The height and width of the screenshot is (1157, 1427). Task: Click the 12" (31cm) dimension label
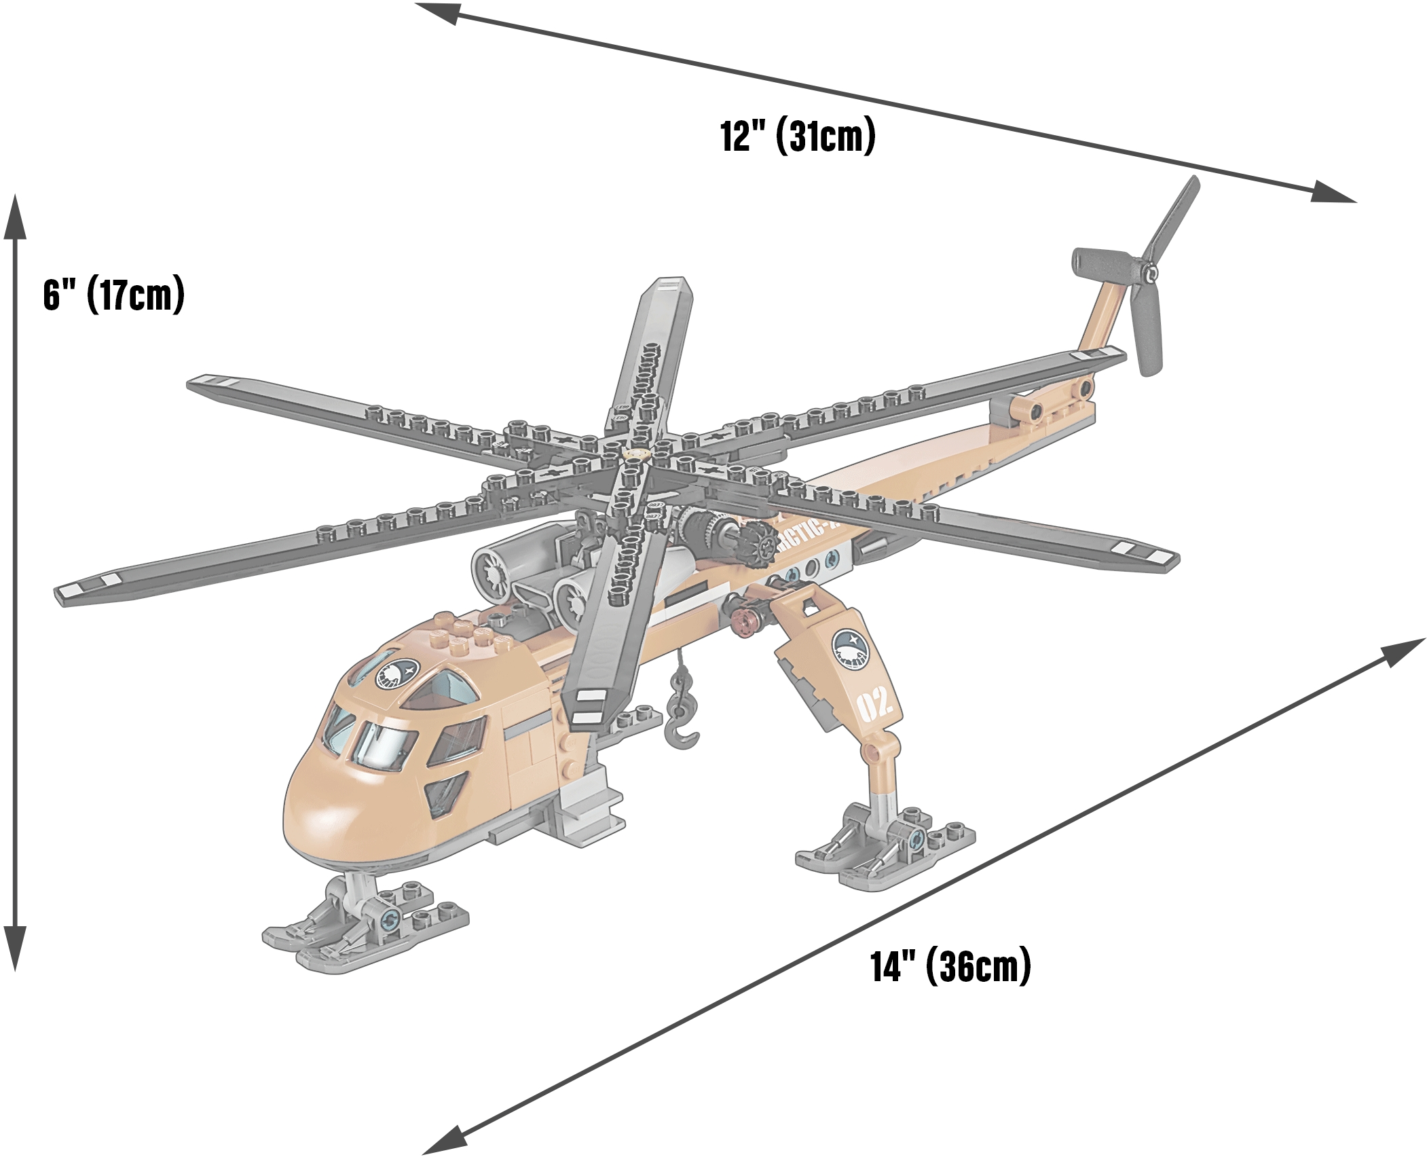[797, 136]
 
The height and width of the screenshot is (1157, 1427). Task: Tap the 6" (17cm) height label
[113, 294]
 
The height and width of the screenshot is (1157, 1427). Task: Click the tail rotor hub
[1149, 274]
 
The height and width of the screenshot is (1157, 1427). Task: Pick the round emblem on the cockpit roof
[397, 674]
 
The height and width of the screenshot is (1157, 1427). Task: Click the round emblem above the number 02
[851, 649]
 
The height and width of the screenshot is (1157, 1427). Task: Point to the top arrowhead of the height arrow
[15, 217]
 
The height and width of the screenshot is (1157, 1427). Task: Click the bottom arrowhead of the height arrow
[15, 947]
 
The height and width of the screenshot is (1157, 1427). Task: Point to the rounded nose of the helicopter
[319, 815]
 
